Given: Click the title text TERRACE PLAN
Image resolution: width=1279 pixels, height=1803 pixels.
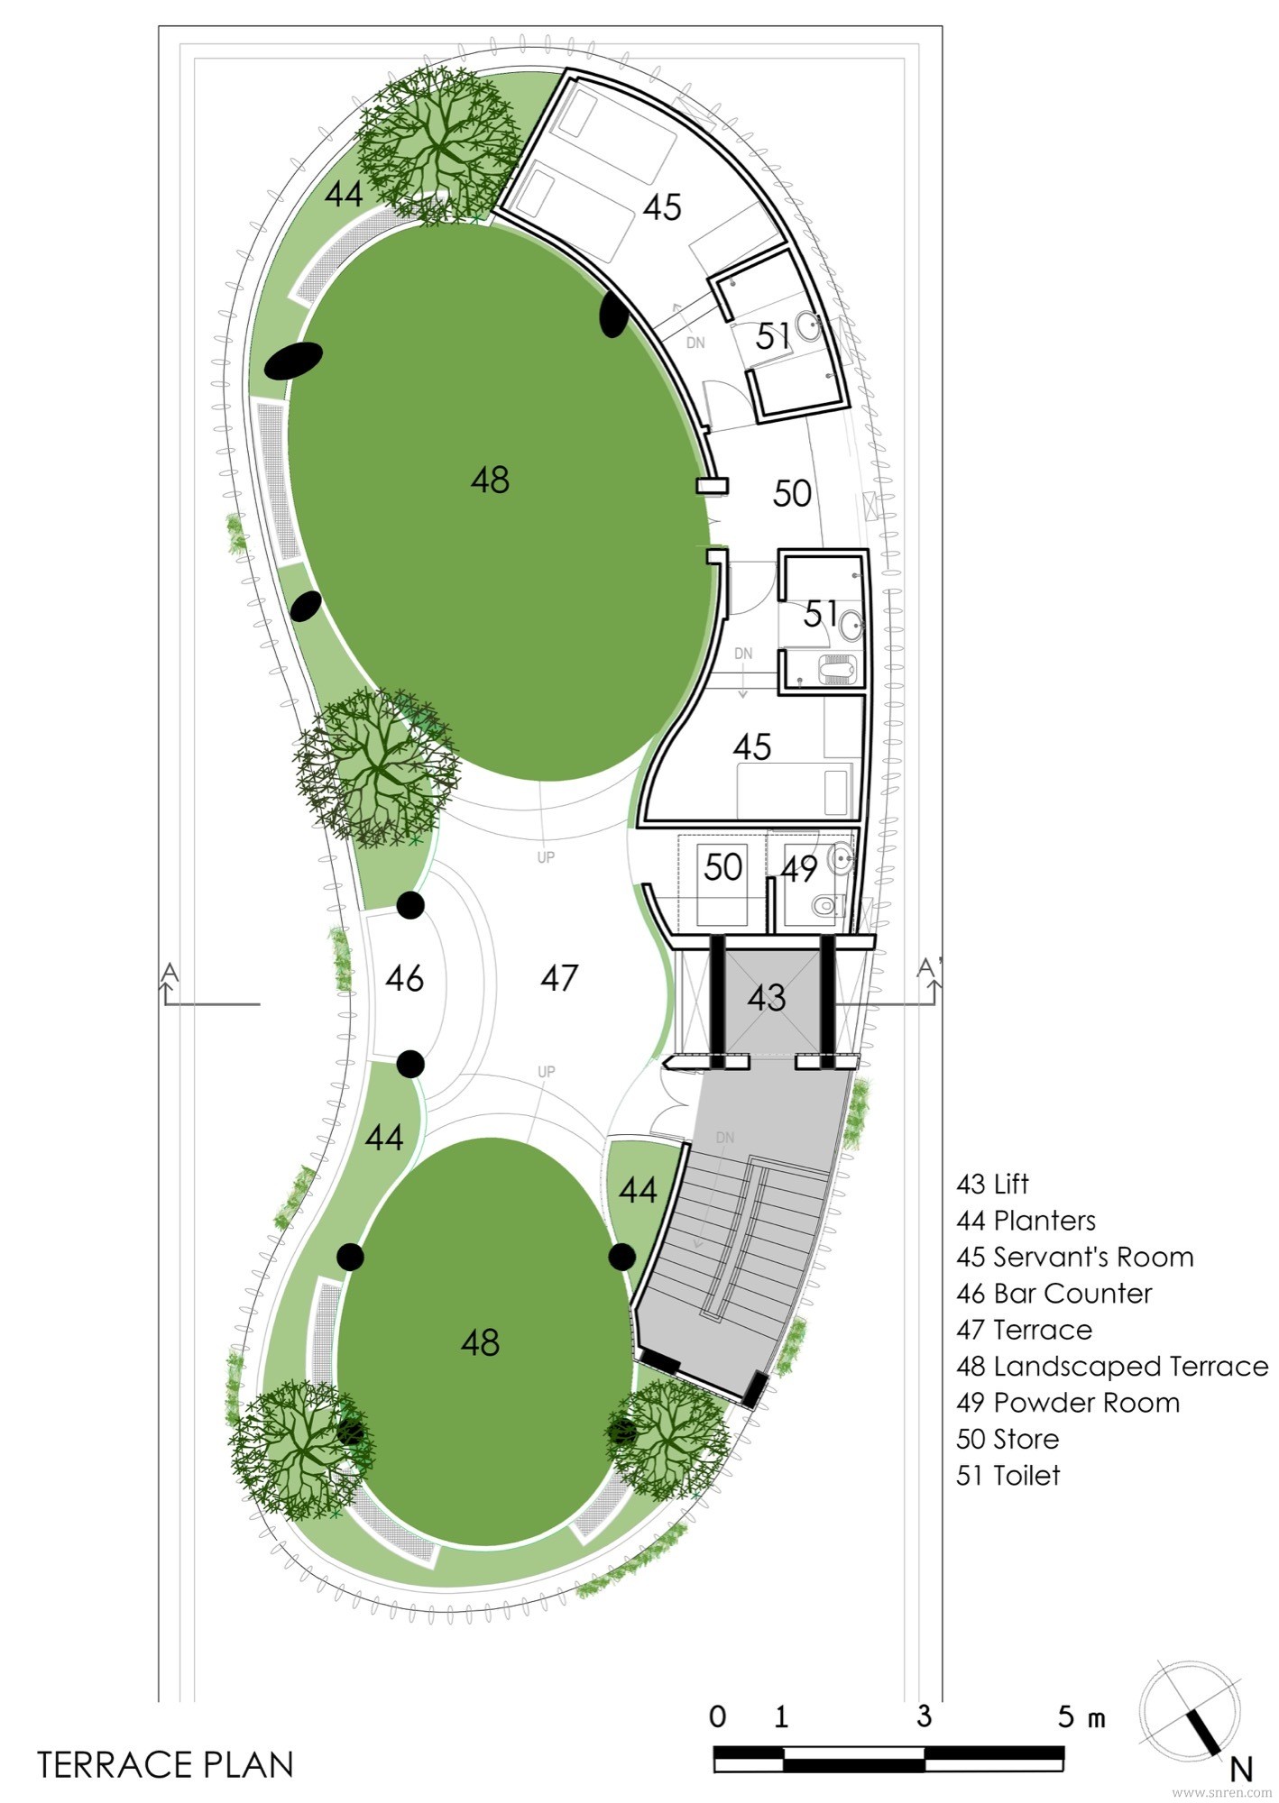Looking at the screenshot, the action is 166,1764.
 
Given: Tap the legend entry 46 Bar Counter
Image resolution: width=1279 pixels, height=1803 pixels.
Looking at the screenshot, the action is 1054,1294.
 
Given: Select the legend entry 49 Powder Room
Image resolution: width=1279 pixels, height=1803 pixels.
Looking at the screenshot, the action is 1068,1403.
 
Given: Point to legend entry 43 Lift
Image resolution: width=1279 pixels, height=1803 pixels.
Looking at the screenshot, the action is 992,1184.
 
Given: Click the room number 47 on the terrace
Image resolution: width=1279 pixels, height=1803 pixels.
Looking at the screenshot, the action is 559,977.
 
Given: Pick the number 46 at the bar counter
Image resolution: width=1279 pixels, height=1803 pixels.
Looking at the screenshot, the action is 404,978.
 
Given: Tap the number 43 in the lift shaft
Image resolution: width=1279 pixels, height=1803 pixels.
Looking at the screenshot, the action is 767,997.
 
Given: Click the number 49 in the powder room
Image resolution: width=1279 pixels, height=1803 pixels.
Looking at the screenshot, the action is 799,869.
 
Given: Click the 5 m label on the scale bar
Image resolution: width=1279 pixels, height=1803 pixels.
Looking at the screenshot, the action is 1081,1717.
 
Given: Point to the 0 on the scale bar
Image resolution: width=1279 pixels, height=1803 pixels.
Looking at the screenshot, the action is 717,1716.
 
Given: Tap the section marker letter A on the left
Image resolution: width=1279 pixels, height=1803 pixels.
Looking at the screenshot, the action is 170,972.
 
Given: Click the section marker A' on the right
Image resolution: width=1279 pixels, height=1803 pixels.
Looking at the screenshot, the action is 930,967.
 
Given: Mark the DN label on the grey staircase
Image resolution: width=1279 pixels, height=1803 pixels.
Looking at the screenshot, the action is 725,1138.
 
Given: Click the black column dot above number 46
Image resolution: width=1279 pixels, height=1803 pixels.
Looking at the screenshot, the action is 410,905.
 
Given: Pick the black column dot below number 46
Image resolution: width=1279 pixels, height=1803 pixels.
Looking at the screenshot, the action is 410,1064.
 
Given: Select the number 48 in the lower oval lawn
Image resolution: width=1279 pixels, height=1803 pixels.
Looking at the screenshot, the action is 480,1342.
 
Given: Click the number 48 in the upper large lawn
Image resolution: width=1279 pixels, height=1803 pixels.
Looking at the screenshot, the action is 490,480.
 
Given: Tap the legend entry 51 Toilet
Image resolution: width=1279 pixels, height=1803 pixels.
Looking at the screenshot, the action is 1008,1476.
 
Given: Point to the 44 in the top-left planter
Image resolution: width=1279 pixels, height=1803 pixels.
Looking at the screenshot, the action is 344,193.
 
